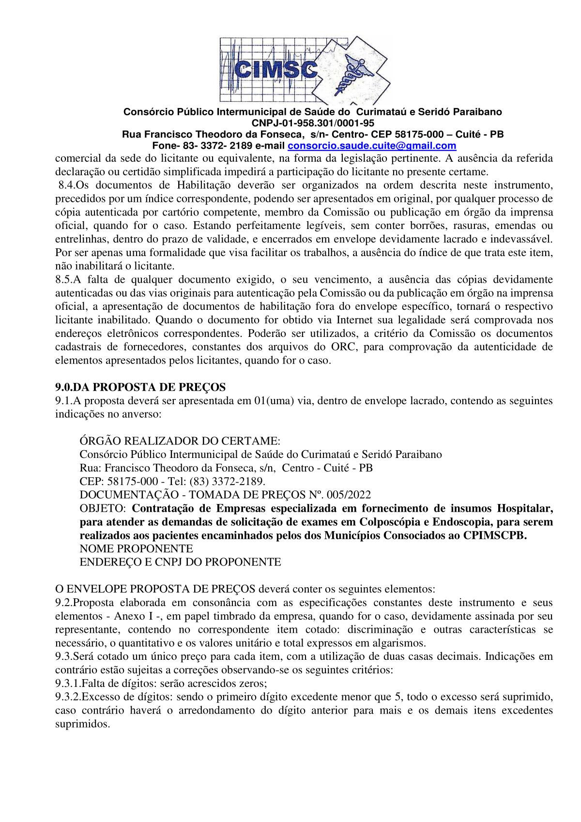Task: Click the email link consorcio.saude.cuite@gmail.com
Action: click(x=372, y=146)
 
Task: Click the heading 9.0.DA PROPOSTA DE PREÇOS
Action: click(x=140, y=387)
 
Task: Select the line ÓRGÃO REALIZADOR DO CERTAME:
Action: click(x=180, y=441)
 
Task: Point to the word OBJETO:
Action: click(x=103, y=508)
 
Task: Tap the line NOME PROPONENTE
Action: click(x=136, y=548)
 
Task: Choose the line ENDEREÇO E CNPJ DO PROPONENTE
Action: click(x=180, y=562)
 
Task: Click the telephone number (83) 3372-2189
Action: click(x=234, y=481)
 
